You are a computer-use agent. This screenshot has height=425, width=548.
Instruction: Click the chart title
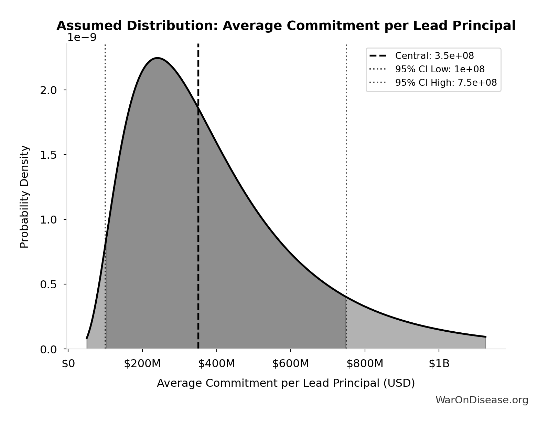pyautogui.click(x=286, y=26)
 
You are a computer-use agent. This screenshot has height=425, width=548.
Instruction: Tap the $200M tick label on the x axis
pyautogui.click(x=142, y=364)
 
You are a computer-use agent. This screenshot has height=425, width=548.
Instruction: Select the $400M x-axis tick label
pyautogui.click(x=216, y=364)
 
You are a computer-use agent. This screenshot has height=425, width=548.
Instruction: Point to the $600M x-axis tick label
pyautogui.click(x=291, y=364)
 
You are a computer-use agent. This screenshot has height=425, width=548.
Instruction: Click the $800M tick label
pyautogui.click(x=365, y=364)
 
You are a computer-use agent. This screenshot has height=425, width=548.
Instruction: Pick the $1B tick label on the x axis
pyautogui.click(x=439, y=364)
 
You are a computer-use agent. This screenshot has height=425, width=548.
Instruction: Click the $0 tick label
pyautogui.click(x=68, y=364)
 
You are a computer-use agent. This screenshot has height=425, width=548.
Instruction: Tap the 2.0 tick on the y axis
pyautogui.click(x=48, y=90)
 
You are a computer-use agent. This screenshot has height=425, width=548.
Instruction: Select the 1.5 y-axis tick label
pyautogui.click(x=48, y=155)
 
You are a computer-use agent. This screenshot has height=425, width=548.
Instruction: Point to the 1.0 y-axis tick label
pyautogui.click(x=48, y=220)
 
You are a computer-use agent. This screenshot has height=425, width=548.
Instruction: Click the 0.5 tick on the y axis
pyautogui.click(x=48, y=284)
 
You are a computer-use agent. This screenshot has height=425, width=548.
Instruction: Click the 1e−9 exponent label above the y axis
pyautogui.click(x=82, y=37)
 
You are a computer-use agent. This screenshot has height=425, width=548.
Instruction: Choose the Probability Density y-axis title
pyautogui.click(x=24, y=197)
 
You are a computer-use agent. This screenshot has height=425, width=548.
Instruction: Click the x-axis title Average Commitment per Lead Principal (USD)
pyautogui.click(x=286, y=383)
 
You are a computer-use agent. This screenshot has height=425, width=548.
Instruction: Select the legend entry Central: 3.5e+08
pyautogui.click(x=434, y=56)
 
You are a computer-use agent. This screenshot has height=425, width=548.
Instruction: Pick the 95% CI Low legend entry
pyautogui.click(x=440, y=69)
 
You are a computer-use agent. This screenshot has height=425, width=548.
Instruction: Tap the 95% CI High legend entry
pyautogui.click(x=446, y=83)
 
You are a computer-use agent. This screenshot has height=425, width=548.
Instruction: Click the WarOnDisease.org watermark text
pyautogui.click(x=482, y=400)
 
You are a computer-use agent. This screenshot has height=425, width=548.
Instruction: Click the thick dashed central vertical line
pyautogui.click(x=198, y=207)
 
